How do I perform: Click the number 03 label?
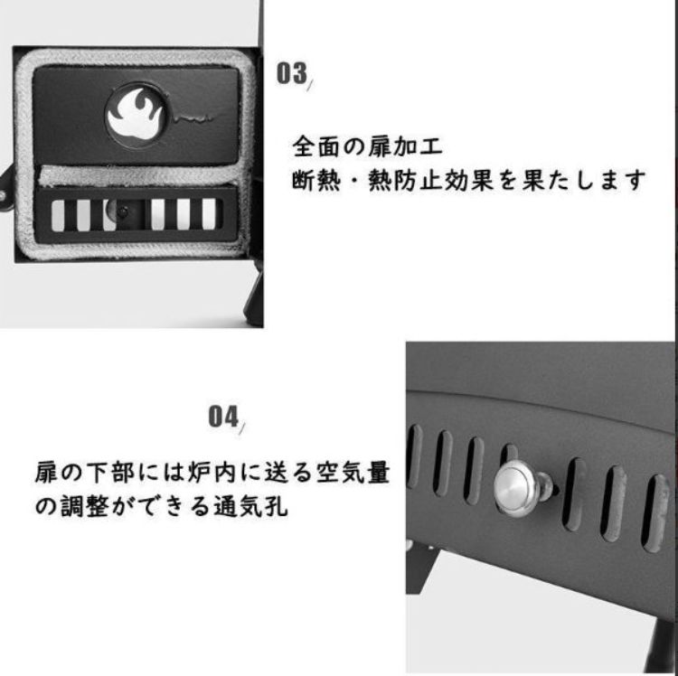click(291, 73)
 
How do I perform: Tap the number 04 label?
click(221, 417)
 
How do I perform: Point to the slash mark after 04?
click(243, 423)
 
